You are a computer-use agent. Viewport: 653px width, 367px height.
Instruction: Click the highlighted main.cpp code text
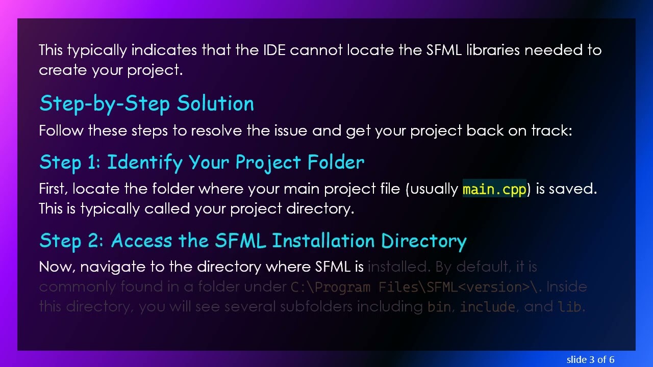tap(494, 189)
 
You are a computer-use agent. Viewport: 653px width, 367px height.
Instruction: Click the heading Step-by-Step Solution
tap(146, 103)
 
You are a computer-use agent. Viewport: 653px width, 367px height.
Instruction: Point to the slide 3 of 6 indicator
tap(590, 359)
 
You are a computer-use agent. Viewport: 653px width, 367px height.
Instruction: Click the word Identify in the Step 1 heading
tap(145, 162)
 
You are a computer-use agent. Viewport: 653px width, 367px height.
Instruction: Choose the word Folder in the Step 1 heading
tap(336, 162)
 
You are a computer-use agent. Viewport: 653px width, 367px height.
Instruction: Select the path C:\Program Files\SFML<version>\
tap(416, 287)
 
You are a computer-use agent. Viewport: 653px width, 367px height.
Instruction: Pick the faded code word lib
tap(570, 307)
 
